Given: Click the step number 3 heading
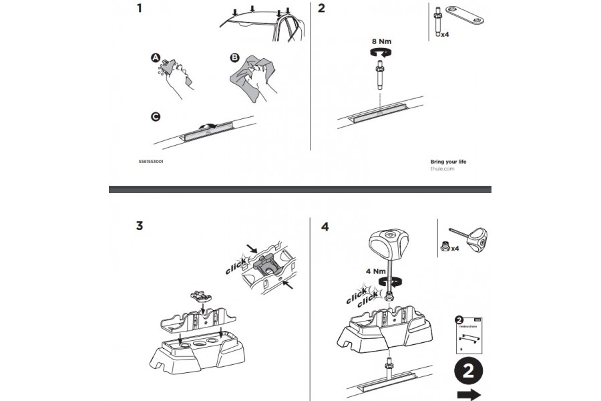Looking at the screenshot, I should coord(140,225).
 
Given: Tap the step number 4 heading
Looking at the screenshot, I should coord(325,227).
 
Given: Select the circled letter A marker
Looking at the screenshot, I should coord(156,61).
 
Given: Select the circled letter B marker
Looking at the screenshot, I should coord(234,58).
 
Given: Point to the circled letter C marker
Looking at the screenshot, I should coord(156,116).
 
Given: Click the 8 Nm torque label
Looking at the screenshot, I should coord(381,41).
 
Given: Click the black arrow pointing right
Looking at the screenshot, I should coord(471,394).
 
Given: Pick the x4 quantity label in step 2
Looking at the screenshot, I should coord(445,31).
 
